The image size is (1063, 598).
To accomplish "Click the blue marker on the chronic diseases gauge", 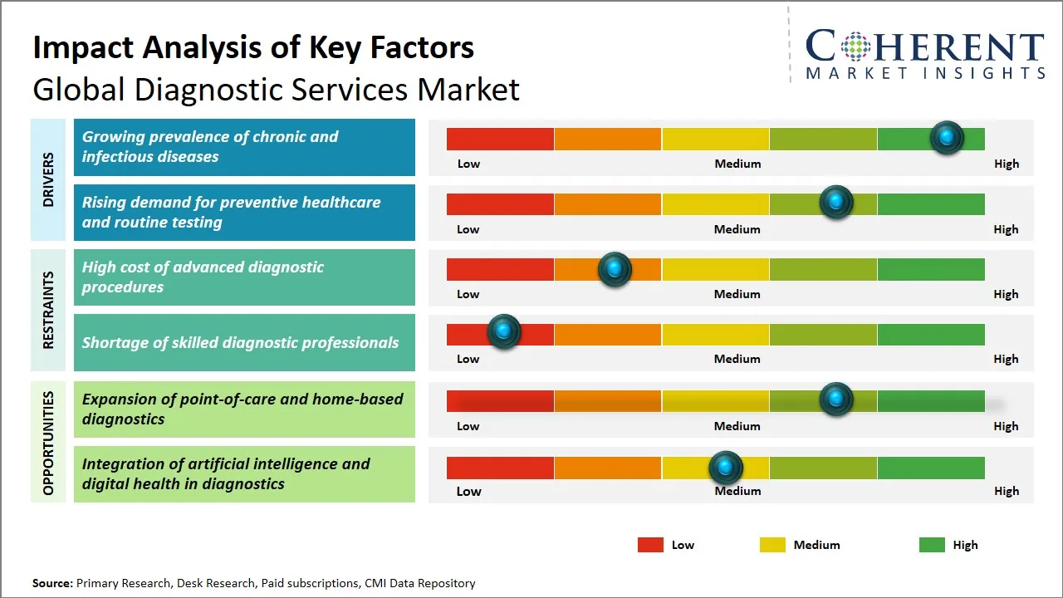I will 947,137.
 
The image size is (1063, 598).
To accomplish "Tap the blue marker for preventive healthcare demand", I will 836,202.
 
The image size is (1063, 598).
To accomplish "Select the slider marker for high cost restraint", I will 615,268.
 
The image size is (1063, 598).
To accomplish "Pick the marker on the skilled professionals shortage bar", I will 503,331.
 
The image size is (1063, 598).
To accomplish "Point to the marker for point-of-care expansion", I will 836,399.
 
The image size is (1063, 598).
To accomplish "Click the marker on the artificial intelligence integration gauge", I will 726,468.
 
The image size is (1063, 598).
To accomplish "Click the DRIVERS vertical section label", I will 48,179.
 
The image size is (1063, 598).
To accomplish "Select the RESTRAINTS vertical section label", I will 48,310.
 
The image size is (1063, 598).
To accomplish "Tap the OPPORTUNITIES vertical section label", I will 48,443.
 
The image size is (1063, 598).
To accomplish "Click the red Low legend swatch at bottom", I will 650,545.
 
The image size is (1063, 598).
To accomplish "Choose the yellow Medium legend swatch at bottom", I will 772,545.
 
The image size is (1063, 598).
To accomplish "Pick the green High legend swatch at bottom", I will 932,545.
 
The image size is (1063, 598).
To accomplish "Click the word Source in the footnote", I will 52,583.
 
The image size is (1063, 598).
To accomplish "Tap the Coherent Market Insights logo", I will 924,54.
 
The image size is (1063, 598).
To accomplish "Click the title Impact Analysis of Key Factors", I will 253,47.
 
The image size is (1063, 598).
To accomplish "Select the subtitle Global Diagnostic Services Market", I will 276,90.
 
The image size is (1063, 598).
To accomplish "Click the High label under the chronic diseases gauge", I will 1006,164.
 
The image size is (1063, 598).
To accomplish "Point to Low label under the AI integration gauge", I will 468,491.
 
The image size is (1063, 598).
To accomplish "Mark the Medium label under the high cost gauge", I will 737,294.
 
